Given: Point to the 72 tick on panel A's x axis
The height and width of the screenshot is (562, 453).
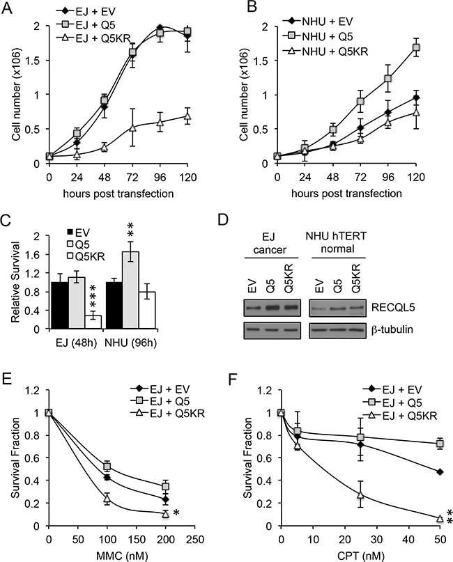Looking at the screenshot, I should click(130, 173).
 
